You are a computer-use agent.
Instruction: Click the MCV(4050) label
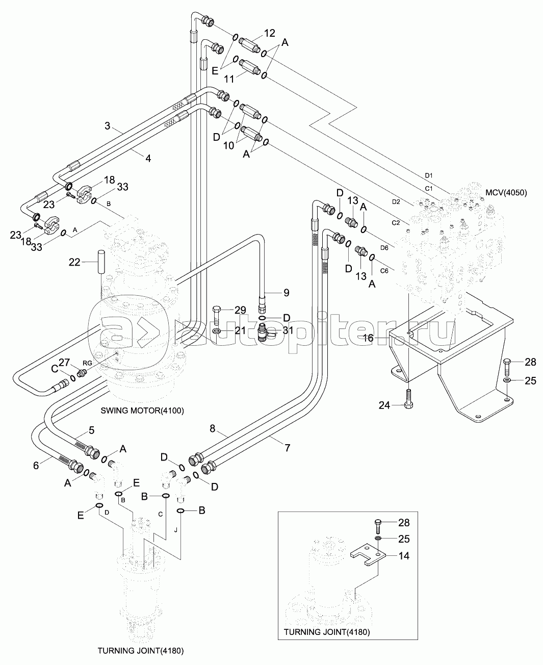[x=506, y=192]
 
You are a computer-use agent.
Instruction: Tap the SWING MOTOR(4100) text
[x=142, y=411]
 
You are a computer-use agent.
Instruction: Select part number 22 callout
[x=74, y=262]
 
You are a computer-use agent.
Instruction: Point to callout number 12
[x=270, y=33]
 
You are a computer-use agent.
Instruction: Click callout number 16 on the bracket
[x=368, y=338]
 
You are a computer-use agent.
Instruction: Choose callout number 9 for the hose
[x=287, y=293]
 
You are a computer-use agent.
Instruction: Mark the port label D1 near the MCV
[x=429, y=175]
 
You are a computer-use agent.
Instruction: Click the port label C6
[x=384, y=271]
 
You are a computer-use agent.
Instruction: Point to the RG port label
[x=87, y=363]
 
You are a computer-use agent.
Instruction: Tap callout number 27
[x=64, y=362]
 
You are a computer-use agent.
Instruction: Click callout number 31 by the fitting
[x=288, y=330]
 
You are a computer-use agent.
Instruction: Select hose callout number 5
[x=91, y=430]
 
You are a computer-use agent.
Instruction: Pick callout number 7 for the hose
[x=287, y=448]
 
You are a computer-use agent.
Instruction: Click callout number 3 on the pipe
[x=108, y=126]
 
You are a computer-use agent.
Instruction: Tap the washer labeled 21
[x=217, y=331]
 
